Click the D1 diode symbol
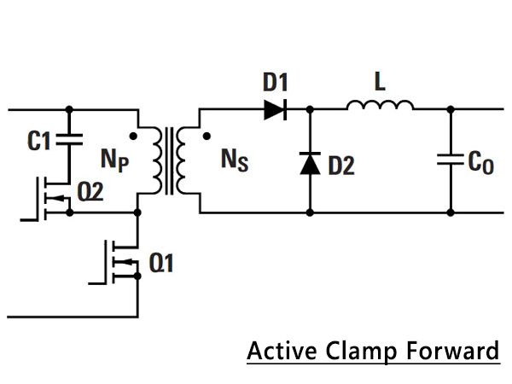pyautogui.click(x=276, y=110)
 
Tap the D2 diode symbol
pyautogui.click(x=310, y=163)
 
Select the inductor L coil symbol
pyautogui.click(x=380, y=105)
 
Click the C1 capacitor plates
pyautogui.click(x=69, y=139)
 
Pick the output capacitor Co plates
pyautogui.click(x=451, y=159)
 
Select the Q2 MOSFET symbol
pyautogui.click(x=52, y=199)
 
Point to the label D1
pyautogui.click(x=276, y=82)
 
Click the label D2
pyautogui.click(x=341, y=166)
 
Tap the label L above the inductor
pyautogui.click(x=380, y=82)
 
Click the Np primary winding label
pyautogui.click(x=115, y=160)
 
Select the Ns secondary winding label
pyautogui.click(x=235, y=160)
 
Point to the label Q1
pyautogui.click(x=161, y=263)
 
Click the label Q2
pyautogui.click(x=90, y=192)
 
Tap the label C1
pyautogui.click(x=39, y=141)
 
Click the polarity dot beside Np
pyautogui.click(x=133, y=136)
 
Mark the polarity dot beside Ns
pyautogui.click(x=207, y=136)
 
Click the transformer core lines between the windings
pyautogui.click(x=169, y=161)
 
